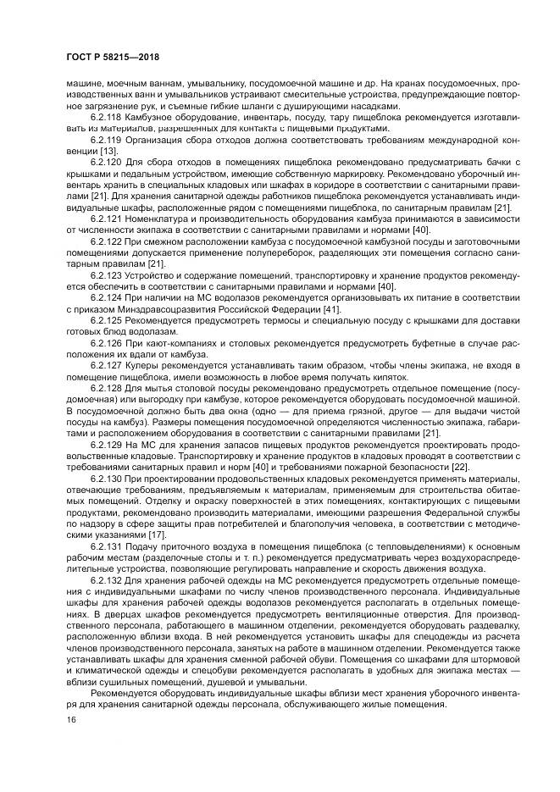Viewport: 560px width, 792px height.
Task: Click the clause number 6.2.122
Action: (x=107, y=241)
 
